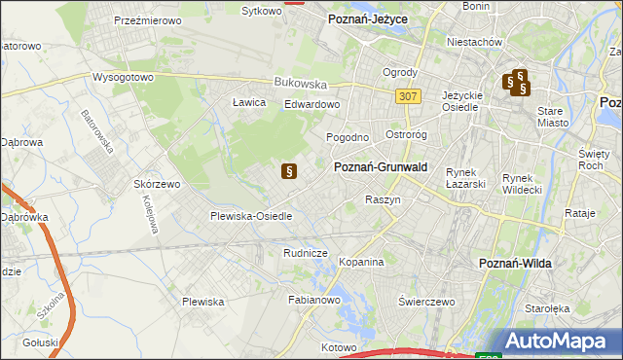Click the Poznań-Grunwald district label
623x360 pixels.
(x=381, y=166)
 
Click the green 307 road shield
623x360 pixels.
(x=408, y=95)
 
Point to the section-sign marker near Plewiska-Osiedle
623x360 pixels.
(x=288, y=172)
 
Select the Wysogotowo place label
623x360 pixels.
(x=124, y=77)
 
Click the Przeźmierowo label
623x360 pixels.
(x=149, y=19)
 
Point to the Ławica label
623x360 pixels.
(x=250, y=102)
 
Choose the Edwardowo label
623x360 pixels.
(x=311, y=104)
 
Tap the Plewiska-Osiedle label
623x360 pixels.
(x=252, y=216)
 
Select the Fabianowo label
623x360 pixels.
(x=312, y=301)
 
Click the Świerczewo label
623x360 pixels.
(x=427, y=302)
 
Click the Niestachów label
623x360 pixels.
(x=473, y=42)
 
